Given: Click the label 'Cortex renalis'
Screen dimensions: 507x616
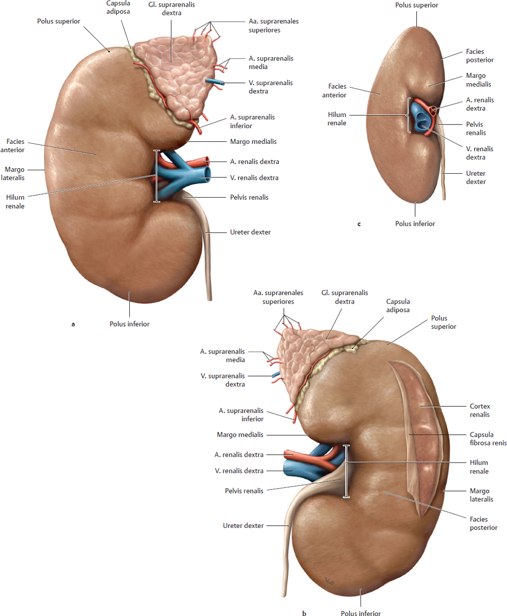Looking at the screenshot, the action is tap(480, 410).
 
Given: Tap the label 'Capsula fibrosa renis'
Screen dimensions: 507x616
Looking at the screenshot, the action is tap(488, 438).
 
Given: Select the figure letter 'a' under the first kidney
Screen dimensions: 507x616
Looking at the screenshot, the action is tap(73, 324).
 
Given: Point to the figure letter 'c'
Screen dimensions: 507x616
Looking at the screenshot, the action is tap(359, 224).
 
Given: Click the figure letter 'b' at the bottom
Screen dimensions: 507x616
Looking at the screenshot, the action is tap(304, 613).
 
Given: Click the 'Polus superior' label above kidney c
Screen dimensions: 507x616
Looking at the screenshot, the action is tap(416, 5).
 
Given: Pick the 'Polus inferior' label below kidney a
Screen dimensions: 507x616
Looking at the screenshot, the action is tap(129, 324).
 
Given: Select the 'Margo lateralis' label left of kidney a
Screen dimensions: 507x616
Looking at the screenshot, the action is tap(13, 173).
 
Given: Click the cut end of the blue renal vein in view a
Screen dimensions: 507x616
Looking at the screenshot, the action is tap(207, 174).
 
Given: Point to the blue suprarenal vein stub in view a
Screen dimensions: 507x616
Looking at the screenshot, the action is tap(214, 82).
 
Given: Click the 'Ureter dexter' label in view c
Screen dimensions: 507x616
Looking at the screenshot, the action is tap(476, 177).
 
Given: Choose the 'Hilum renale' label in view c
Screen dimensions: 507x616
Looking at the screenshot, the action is tap(337, 119).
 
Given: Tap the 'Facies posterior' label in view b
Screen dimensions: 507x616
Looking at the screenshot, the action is tap(483, 523).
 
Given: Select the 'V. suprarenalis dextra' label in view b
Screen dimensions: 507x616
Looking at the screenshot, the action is tap(223, 380).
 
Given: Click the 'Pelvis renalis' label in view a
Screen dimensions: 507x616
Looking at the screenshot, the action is tap(249, 198).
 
